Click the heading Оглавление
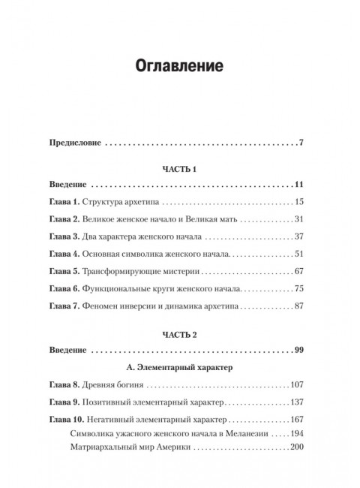(x=180, y=65)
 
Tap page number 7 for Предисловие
(x=299, y=142)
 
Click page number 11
(x=297, y=185)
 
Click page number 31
(x=296, y=218)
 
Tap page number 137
(x=294, y=403)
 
